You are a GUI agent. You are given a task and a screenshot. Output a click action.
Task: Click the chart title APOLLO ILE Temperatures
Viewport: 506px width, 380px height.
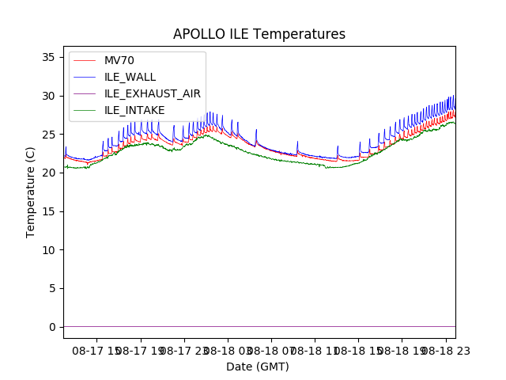[x=259, y=35]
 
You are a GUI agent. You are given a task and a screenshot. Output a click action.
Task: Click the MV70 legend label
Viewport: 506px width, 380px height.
[x=120, y=61]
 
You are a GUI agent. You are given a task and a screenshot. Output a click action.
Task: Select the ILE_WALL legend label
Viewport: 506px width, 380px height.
[x=130, y=77]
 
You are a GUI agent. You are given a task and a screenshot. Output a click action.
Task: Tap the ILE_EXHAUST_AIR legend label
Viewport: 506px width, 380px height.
[x=153, y=93]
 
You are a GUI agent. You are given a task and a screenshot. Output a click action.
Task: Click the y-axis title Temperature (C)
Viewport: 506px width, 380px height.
[x=31, y=192]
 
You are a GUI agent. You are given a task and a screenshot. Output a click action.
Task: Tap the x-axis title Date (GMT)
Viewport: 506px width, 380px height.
[x=258, y=367]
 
